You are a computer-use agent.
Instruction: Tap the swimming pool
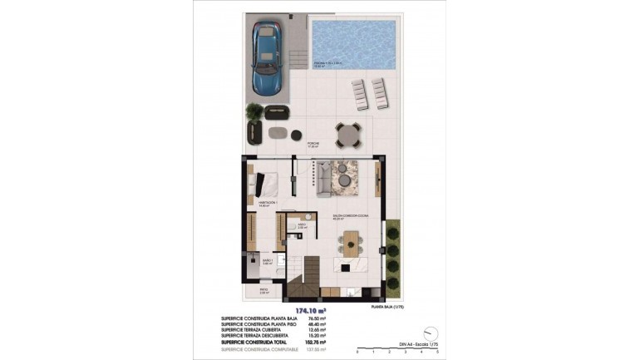354,44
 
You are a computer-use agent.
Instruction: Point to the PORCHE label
313,143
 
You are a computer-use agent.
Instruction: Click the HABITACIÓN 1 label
267,202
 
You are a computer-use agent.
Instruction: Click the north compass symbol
430,331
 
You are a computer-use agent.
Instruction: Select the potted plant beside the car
253,113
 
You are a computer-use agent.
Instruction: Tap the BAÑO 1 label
268,260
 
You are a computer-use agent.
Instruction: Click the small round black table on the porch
297,132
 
